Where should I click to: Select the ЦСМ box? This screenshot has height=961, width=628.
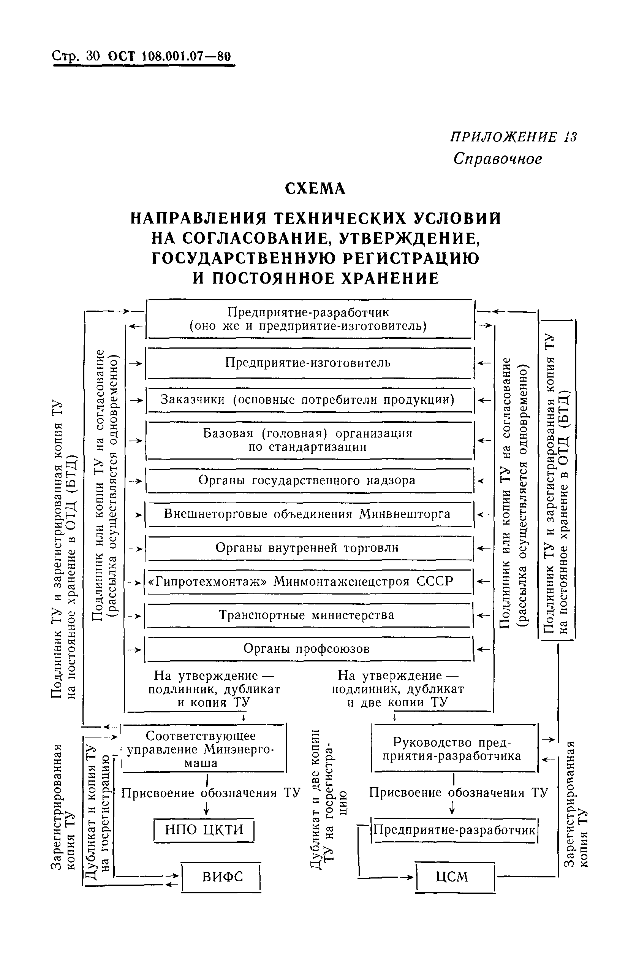[454, 877]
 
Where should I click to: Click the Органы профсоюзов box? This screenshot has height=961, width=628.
[308, 649]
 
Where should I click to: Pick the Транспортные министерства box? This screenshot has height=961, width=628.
[308, 615]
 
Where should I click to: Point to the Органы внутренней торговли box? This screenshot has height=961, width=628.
[308, 548]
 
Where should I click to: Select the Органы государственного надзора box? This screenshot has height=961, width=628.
[308, 481]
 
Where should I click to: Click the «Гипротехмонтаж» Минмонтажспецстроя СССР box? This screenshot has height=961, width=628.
[308, 582]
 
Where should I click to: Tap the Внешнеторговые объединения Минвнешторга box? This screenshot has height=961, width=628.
[308, 514]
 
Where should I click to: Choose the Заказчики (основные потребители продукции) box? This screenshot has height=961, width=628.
[308, 400]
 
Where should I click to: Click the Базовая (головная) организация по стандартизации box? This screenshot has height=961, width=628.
[308, 440]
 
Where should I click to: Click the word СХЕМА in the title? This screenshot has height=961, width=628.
[315, 189]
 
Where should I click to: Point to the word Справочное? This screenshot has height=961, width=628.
[497, 159]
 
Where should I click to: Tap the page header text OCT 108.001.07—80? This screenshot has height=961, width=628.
[169, 56]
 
